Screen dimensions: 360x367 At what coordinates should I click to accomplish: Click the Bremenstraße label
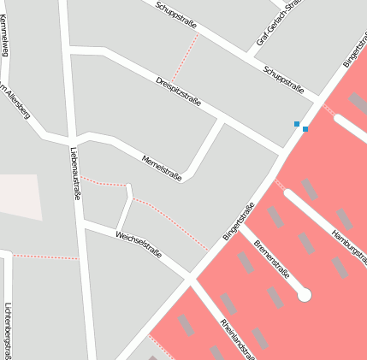pyautogui.click(x=272, y=259)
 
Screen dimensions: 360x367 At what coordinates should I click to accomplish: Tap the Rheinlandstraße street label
pyautogui.click(x=237, y=339)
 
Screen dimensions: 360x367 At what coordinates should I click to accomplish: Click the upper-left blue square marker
pyautogui.click(x=297, y=124)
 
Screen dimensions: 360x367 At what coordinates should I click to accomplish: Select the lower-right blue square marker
pyautogui.click(x=305, y=129)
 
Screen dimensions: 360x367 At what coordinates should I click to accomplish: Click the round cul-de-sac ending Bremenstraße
pyautogui.click(x=304, y=295)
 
